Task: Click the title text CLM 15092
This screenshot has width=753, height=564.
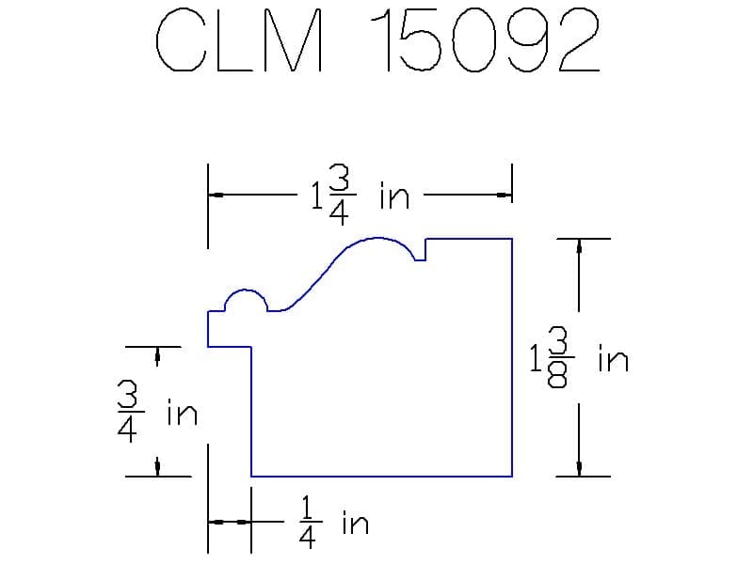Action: pos(376,42)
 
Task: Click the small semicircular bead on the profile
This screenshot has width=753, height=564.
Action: pos(245,299)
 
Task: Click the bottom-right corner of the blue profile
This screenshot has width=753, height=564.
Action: pos(512,476)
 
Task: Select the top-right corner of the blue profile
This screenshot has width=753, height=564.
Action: pos(512,240)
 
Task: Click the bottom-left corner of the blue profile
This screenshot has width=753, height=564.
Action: pos(251,476)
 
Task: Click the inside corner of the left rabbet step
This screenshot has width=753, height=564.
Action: pos(251,347)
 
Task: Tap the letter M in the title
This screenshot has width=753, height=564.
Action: pos(294,42)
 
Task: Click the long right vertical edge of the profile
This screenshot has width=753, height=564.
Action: pos(512,357)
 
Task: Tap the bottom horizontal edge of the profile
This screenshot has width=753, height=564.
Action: pos(381,476)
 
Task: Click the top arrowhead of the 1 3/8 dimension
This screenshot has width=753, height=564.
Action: pos(579,245)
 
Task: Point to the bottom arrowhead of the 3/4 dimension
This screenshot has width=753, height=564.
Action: pos(158,467)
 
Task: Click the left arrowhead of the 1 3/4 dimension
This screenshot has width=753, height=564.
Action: pos(216,196)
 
